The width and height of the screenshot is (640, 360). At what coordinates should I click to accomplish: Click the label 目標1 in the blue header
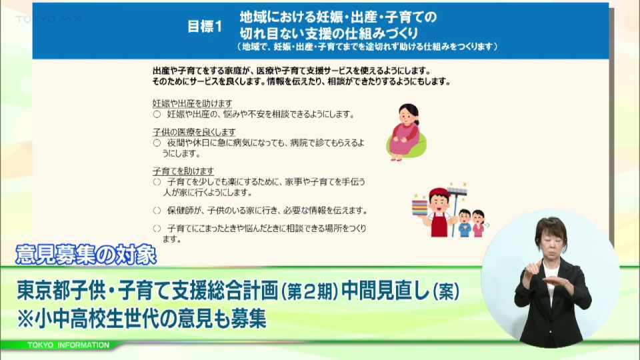pos(205,27)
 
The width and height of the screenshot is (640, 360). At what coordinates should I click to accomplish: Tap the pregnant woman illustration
pos(406,132)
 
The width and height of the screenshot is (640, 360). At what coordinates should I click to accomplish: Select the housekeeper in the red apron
pos(439,212)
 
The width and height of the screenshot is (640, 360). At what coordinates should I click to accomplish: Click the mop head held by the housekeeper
pos(457,191)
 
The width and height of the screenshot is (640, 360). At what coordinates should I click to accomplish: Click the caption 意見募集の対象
pos(86,255)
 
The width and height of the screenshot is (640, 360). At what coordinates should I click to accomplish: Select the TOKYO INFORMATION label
pos(68,345)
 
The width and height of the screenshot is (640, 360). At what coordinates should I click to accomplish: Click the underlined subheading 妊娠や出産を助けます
pos(192,103)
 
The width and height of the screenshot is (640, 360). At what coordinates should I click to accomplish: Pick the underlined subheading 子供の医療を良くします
pos(194,132)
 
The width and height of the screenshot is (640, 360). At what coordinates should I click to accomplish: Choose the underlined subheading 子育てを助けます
pos(183,171)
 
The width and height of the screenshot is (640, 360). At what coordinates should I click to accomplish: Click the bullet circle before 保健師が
pos(157,211)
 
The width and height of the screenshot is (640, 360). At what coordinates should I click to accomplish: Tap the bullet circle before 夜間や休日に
pos(157,143)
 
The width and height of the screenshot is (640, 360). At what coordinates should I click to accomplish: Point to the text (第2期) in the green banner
pos(309,291)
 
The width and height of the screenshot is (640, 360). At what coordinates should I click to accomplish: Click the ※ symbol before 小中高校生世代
pos(25,319)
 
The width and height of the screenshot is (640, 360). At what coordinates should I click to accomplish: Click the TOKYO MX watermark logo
pos(48,19)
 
